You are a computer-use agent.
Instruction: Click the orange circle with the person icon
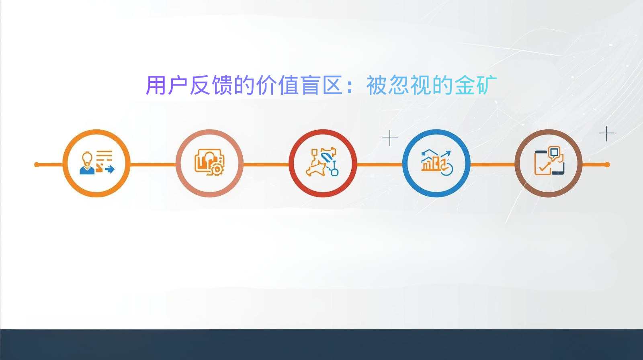[96, 164]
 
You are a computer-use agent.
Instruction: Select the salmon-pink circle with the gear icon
[209, 164]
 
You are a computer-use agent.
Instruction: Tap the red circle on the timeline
[323, 164]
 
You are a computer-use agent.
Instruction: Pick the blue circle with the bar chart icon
[436, 164]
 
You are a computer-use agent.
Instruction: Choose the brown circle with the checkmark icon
[549, 164]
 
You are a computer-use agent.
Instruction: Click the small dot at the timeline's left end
[37, 164]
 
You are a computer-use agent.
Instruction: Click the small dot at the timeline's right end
[607, 164]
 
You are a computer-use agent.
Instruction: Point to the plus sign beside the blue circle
[390, 138]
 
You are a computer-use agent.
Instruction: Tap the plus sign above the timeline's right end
[606, 133]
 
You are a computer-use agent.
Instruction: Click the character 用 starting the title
[156, 85]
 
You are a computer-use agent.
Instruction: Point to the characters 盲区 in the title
[321, 85]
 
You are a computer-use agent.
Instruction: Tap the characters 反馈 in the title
[211, 85]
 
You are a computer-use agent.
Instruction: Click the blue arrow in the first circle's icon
[110, 169]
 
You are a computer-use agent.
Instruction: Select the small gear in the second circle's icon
[217, 169]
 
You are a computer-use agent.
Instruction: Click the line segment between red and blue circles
[379, 164]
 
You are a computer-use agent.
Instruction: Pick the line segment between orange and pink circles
[153, 164]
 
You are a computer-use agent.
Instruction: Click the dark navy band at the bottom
[321, 345]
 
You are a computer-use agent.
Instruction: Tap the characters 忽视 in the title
[410, 85]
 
